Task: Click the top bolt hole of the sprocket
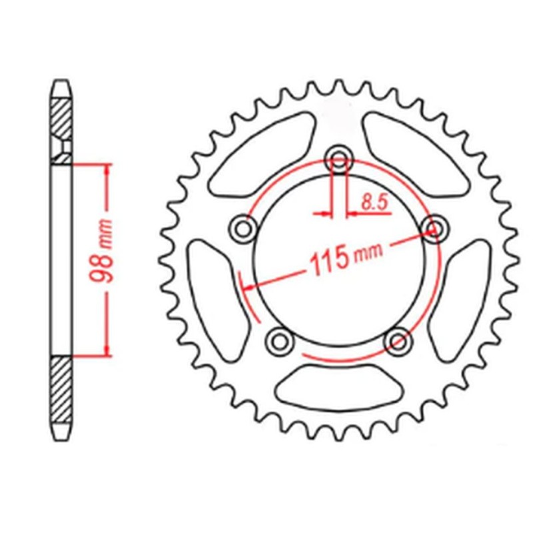click(339, 160)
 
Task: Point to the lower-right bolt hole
click(398, 341)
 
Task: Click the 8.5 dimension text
click(375, 202)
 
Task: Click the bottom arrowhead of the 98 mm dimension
click(106, 349)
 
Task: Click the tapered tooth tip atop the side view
click(61, 86)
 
